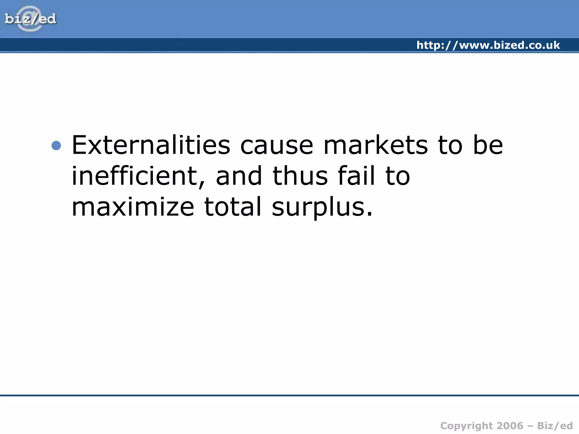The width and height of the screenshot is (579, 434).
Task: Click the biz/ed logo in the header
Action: [30, 19]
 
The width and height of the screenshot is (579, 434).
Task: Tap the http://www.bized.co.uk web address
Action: [488, 45]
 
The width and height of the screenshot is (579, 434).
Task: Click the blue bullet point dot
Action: [57, 146]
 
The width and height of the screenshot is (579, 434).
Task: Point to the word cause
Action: [276, 146]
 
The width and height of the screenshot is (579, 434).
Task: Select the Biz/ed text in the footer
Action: [555, 426]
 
